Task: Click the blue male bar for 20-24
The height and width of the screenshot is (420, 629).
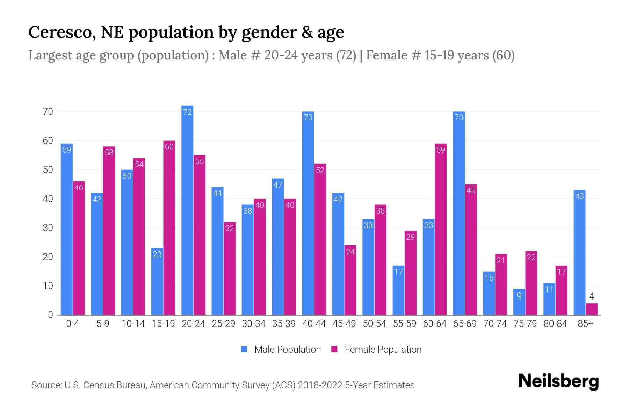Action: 187,210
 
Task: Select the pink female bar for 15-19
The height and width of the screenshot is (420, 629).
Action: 169,227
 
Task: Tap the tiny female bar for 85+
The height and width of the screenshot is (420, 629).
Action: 591,309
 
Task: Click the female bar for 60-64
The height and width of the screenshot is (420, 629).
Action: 441,229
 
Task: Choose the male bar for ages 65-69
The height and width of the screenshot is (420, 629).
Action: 458,213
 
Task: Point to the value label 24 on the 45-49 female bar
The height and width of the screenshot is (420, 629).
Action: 350,252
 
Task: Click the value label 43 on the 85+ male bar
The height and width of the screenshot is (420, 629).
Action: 579,196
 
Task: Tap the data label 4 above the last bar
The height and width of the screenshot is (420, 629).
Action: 591,297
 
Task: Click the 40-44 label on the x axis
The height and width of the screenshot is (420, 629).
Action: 314,324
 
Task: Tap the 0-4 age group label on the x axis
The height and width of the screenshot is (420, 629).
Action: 73,324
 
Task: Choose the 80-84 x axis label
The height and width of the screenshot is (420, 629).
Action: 555,324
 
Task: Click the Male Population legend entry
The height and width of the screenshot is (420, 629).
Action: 287,350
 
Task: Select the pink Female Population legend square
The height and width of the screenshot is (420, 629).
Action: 334,349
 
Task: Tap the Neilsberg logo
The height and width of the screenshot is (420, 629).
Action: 559,381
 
